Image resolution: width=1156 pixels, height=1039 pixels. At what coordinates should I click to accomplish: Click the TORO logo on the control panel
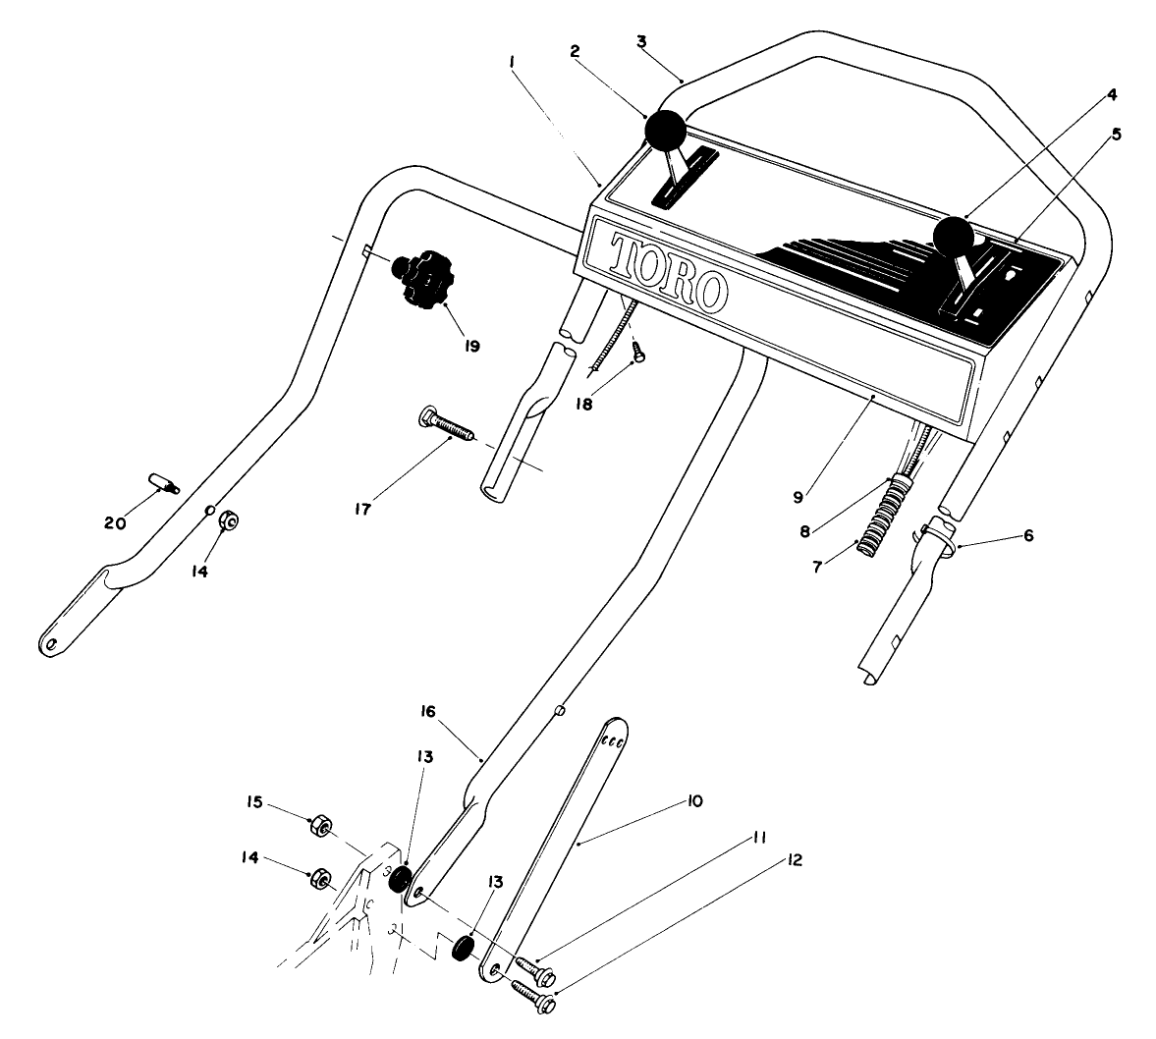669,270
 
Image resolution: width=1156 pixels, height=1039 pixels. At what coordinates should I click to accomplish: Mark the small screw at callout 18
636,353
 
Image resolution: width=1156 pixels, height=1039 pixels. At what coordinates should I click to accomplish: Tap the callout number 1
512,61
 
